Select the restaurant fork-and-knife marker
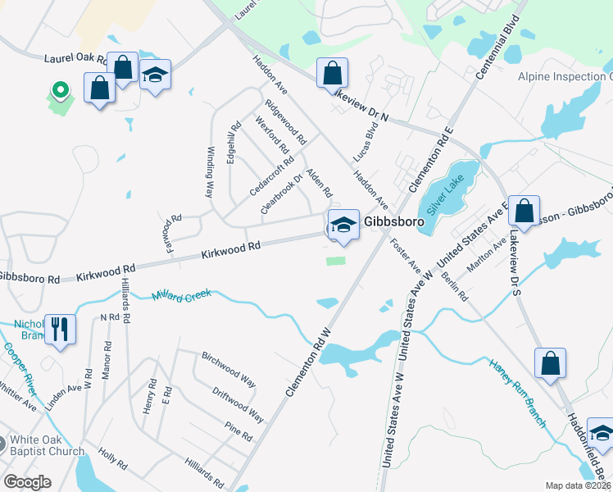tap(59, 329)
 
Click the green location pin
tap(59, 90)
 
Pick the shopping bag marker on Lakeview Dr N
tap(331, 73)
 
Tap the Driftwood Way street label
tap(238, 403)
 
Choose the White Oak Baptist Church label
tap(48, 445)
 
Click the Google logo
tap(27, 482)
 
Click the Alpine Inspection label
tap(565, 76)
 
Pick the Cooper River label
tap(18, 366)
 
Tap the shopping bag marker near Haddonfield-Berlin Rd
tap(550, 363)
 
